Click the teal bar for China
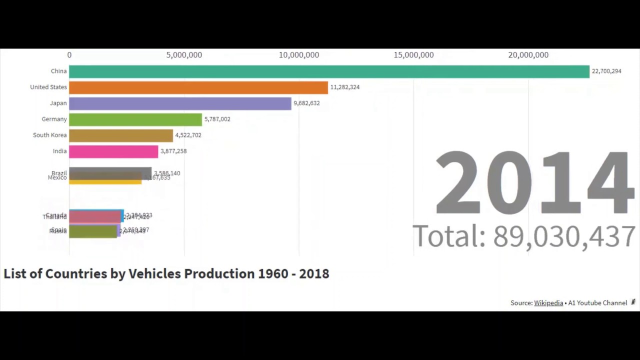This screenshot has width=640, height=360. tap(329, 71)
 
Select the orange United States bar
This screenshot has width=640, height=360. tap(198, 87)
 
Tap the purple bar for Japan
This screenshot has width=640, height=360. tap(180, 103)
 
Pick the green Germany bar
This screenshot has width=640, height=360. tap(135, 119)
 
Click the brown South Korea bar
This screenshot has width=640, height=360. tap(121, 135)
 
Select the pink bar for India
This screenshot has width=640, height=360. tap(113, 151)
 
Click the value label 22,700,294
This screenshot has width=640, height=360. tap(606, 71)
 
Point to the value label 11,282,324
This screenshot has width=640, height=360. tap(344, 87)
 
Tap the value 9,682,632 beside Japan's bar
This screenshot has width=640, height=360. tap(306, 103)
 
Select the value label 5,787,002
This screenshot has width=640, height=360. tap(217, 119)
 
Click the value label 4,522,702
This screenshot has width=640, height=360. tap(188, 135)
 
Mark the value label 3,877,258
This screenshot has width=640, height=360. tap(173, 151)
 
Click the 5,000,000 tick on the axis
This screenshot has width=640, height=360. tap(184, 55)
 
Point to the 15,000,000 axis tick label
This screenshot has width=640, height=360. tap(413, 55)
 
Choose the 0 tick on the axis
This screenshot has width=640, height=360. tap(69, 55)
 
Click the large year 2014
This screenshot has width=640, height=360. tap(534, 183)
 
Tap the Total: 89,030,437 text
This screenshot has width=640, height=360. tap(523, 236)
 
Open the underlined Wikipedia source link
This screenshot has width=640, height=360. tap(548, 303)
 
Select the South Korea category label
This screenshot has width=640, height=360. tap(49, 135)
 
